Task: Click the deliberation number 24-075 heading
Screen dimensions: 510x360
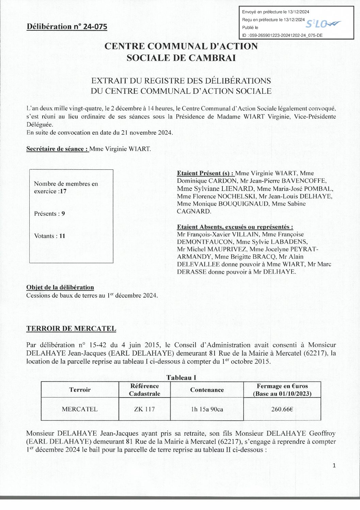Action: point(67,27)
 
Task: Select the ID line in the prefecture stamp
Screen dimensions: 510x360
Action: point(282,35)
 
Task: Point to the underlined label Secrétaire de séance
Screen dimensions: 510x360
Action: point(58,149)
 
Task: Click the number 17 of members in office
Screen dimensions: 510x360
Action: point(63,191)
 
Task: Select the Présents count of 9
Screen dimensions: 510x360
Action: point(63,214)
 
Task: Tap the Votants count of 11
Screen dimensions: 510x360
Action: point(62,236)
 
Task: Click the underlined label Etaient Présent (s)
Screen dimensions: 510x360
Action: point(205,173)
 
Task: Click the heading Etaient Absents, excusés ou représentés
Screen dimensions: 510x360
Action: point(235,227)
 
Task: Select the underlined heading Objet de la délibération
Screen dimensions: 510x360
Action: point(60,287)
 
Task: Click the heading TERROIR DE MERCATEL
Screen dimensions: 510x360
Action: point(71,329)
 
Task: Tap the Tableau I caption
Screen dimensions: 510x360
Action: point(181,377)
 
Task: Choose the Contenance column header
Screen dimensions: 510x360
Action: point(207,390)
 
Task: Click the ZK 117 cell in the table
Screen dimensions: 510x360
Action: point(144,409)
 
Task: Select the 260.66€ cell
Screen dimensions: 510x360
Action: point(282,409)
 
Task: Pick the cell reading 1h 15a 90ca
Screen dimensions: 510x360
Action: point(207,409)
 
